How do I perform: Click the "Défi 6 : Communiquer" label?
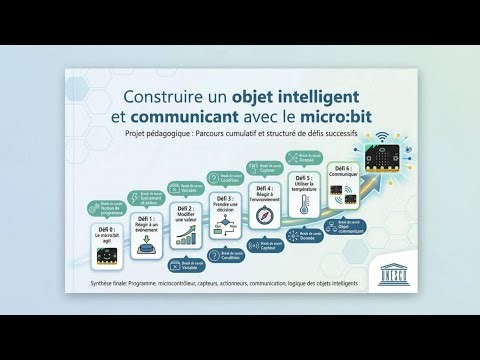pyautogui.click(x=343, y=172)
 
